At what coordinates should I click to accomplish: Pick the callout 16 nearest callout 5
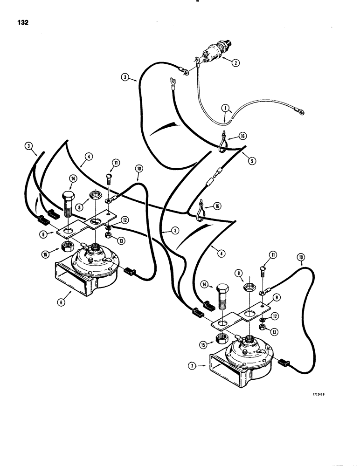point(242,136)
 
